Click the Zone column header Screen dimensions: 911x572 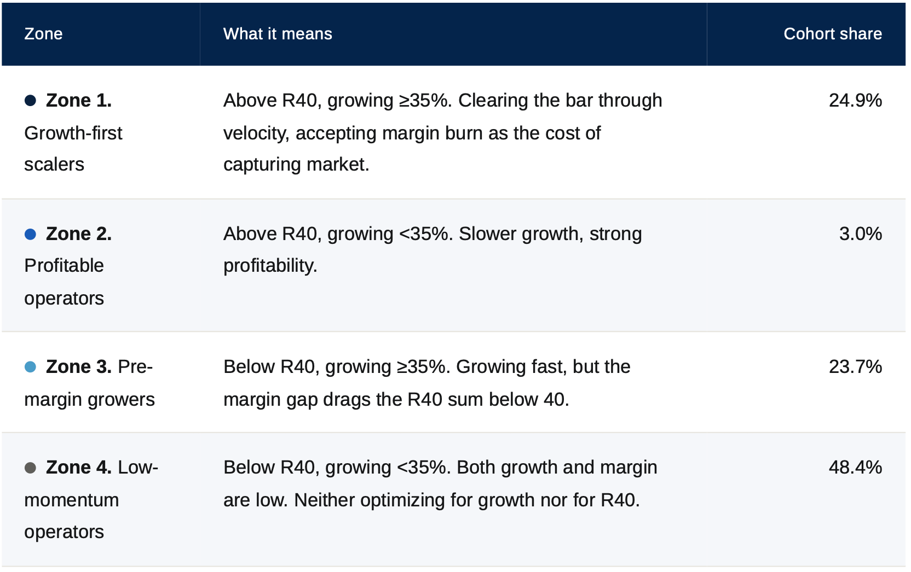point(43,34)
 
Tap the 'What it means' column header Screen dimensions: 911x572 point(278,34)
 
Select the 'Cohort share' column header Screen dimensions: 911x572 point(833,34)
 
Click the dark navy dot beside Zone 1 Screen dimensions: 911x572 point(31,100)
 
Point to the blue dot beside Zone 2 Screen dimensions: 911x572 point(31,234)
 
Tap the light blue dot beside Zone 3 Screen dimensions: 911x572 point(31,367)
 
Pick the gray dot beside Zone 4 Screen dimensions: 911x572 point(31,468)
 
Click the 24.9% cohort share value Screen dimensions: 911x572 point(855,100)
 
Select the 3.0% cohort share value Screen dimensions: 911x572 point(861,234)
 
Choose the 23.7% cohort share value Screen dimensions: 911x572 point(855,367)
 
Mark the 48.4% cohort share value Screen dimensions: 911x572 point(855,468)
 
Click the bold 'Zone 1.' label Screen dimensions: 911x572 point(79,100)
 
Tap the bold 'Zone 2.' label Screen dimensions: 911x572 point(79,234)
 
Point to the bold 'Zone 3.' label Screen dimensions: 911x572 point(79,367)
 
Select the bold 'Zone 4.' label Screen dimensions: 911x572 point(79,468)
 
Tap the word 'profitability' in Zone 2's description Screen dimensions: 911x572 point(270,266)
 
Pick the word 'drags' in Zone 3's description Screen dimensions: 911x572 point(342,400)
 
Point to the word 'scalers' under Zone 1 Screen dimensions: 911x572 point(54,165)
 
